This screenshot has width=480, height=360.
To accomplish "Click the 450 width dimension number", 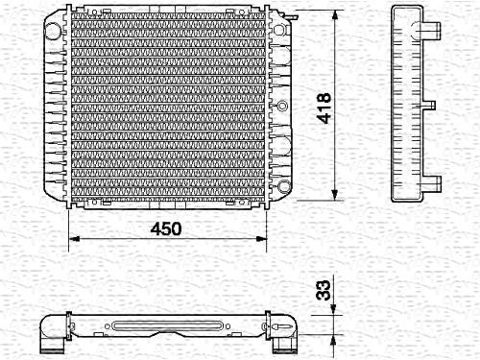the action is (x=166, y=228).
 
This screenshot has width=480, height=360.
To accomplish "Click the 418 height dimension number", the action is (x=324, y=108).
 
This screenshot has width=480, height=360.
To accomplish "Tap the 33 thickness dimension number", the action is (x=323, y=290).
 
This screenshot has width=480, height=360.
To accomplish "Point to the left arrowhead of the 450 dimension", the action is (x=74, y=239).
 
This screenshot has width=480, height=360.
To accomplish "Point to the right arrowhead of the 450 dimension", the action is (x=261, y=239).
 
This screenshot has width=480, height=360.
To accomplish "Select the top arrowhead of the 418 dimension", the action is (x=335, y=14).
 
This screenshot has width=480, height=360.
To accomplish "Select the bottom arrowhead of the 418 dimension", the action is (x=335, y=195).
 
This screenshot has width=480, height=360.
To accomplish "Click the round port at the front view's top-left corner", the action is (x=53, y=30).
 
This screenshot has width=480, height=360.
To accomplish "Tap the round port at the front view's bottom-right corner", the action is (x=283, y=186).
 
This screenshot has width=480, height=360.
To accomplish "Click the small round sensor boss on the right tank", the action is (x=282, y=105).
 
